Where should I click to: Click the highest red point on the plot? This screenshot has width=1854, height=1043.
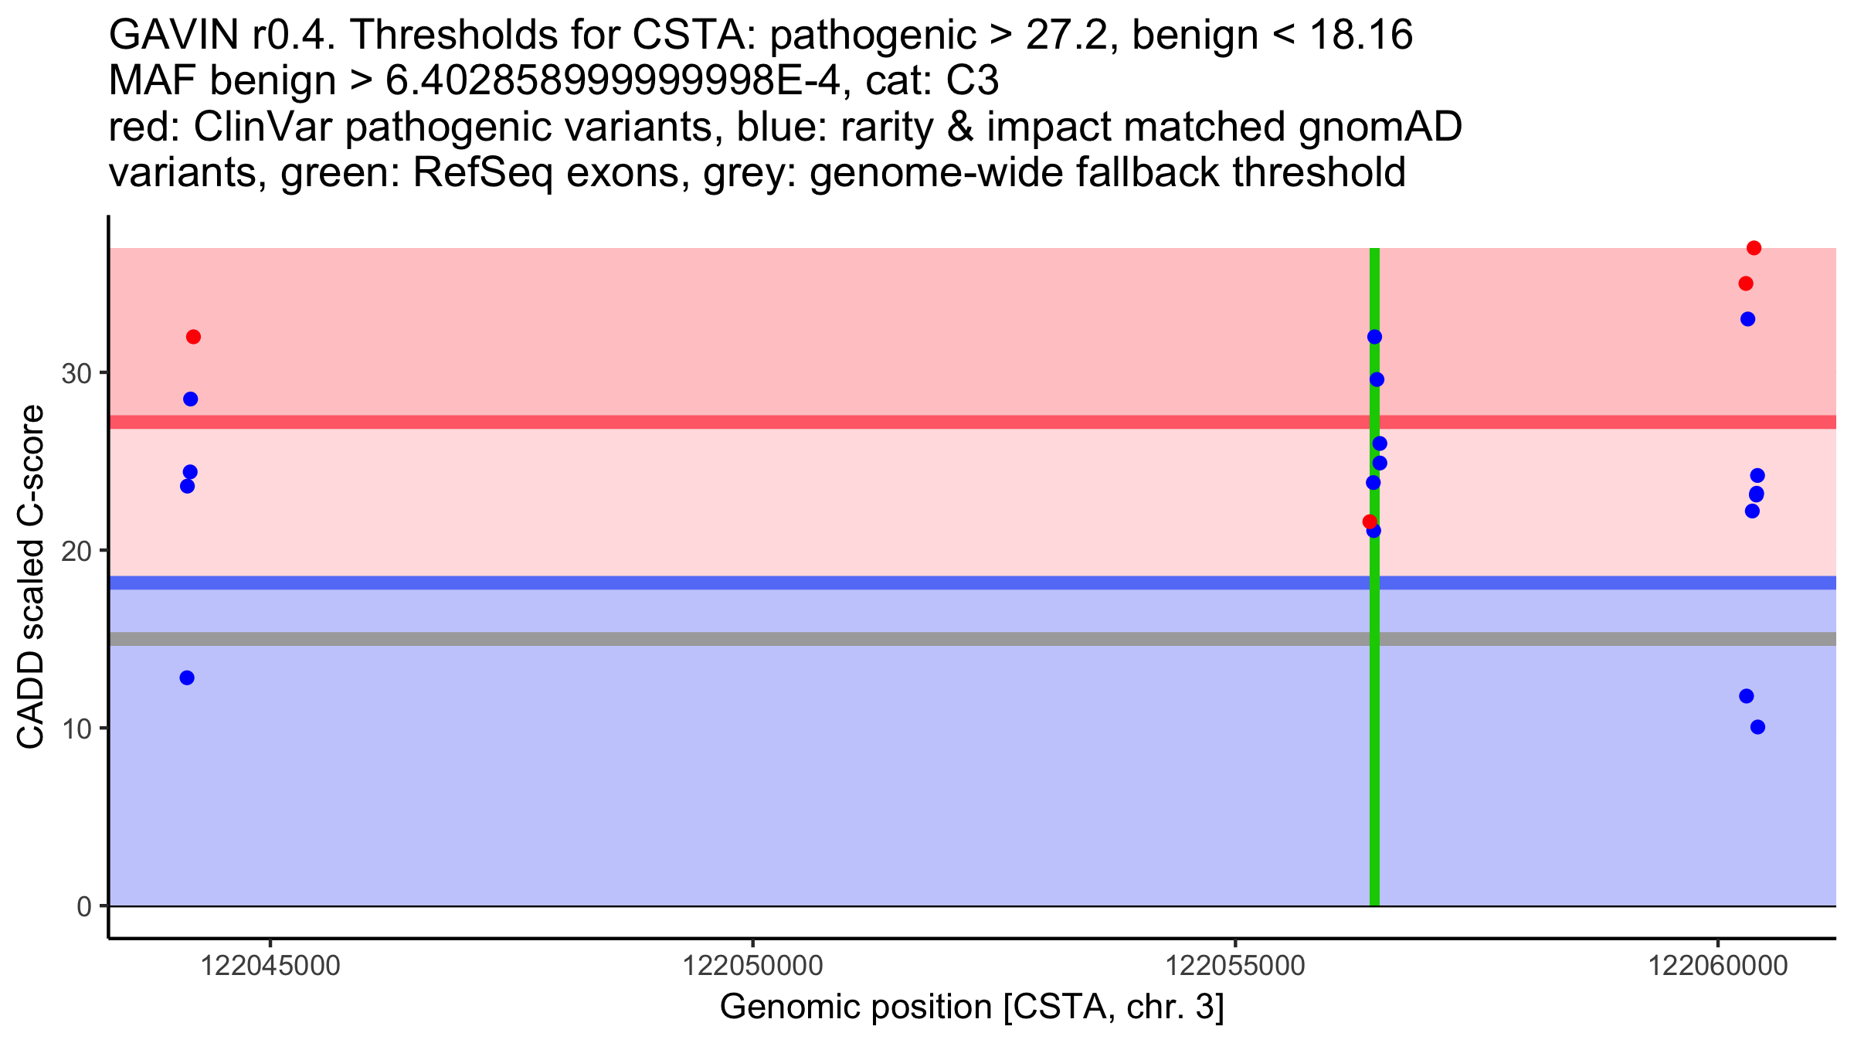pos(1754,248)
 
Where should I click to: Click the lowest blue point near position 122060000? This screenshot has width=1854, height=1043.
pos(1757,727)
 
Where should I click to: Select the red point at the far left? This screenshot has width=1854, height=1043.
pos(193,337)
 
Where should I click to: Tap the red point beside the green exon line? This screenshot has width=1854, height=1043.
pos(1370,521)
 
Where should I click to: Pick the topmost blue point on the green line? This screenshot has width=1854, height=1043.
pos(1374,337)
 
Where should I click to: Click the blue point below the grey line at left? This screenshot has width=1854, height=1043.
pos(187,678)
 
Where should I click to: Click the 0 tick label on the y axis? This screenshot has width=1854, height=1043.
pos(84,906)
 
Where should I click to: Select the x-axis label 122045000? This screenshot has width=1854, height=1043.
pos(270,967)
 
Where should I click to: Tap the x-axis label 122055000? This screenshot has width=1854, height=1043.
pos(1234,967)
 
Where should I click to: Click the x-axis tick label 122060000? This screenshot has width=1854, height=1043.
pos(1718,967)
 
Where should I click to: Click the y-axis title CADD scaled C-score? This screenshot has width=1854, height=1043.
pos(31,577)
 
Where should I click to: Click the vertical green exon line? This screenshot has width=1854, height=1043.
pos(1374,773)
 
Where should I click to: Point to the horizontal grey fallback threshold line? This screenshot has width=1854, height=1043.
pos(772,639)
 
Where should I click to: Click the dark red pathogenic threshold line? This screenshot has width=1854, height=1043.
pos(772,422)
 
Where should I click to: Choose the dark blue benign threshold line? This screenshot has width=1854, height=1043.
pos(772,583)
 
